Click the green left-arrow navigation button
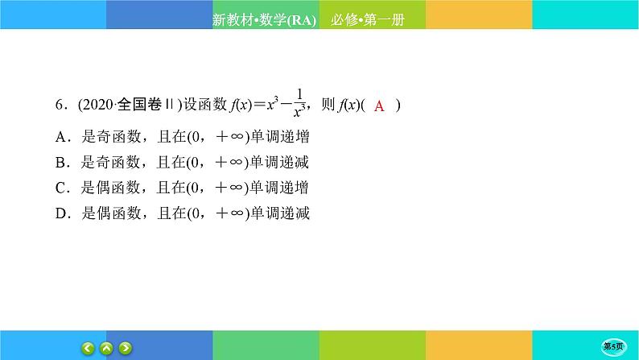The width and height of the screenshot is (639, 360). click(x=89, y=348)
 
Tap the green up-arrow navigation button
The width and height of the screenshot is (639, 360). click(x=107, y=348)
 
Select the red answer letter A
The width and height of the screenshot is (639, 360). click(x=381, y=106)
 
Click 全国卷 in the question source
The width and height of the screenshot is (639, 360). click(x=136, y=106)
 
